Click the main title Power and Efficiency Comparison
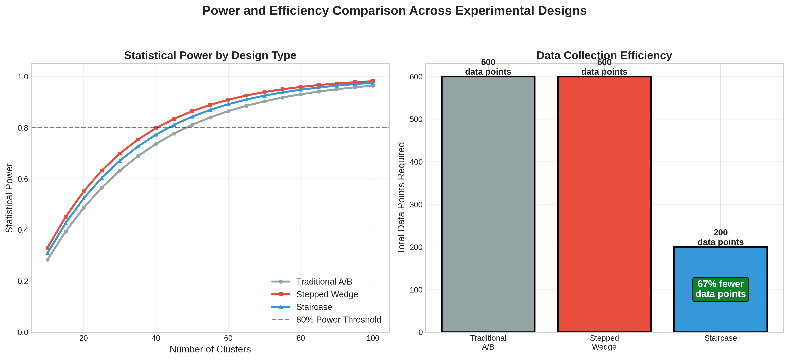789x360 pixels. coord(394,11)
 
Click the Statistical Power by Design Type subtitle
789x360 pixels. coord(210,55)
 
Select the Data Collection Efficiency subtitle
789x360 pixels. coord(604,55)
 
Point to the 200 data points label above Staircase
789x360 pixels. coord(720,237)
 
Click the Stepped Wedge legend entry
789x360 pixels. coord(327,294)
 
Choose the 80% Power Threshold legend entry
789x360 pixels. coord(338,320)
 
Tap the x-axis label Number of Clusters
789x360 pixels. coord(210,349)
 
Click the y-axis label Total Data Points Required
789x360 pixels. coord(401,198)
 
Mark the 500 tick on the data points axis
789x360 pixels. coord(416,119)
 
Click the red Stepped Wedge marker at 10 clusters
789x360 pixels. coord(47,248)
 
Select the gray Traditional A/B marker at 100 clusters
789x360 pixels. coord(373,86)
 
